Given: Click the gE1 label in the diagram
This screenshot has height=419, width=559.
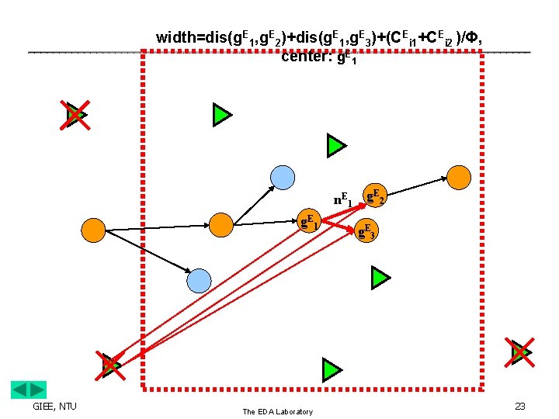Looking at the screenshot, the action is pos(310,220).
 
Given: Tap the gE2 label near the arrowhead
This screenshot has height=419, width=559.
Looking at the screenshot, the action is pos(376,196).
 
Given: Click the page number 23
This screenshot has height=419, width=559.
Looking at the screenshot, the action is pos(519,406).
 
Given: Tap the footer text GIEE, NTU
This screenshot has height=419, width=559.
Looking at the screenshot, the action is pos(54,406).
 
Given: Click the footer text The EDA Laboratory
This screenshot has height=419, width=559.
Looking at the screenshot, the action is pos(277,411).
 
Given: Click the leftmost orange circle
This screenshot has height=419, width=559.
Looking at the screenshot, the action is pos(94,230).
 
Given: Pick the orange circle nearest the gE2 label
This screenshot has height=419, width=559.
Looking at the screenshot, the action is pos(460,177).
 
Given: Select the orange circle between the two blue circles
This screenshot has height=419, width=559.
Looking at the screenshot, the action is pos(221,225).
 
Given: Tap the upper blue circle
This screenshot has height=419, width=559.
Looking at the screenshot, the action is pos(283,177).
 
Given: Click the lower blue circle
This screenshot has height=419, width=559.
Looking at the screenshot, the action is pos(200,280).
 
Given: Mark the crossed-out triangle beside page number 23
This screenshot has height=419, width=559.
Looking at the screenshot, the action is pos(520,352).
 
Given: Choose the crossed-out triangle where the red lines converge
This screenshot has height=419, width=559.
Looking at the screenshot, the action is pos(111,365).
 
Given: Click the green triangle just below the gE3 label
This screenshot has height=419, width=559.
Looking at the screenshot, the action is pos(379,277).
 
